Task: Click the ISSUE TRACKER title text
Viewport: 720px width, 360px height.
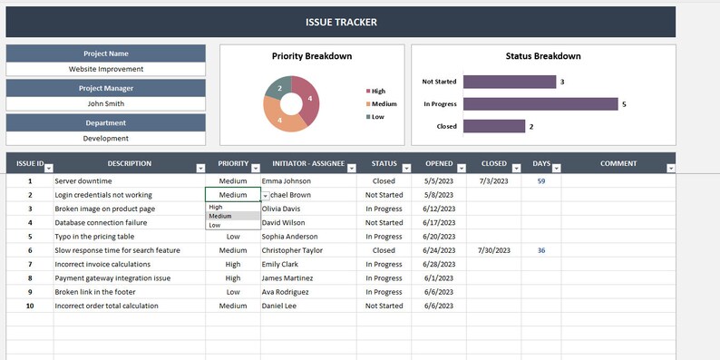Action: click(340, 22)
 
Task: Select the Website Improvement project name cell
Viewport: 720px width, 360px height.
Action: click(106, 68)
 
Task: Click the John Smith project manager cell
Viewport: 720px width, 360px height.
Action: click(106, 103)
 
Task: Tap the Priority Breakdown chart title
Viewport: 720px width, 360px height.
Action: click(312, 56)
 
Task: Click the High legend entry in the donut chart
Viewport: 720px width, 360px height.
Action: click(376, 91)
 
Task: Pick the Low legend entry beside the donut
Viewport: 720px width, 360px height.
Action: click(375, 116)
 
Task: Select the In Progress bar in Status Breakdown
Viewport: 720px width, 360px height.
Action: click(540, 104)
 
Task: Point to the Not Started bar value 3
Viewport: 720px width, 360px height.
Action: click(562, 82)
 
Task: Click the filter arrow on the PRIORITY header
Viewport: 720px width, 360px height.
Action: click(253, 168)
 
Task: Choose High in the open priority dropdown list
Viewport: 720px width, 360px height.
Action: click(216, 207)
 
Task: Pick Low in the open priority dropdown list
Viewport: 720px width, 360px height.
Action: click(215, 225)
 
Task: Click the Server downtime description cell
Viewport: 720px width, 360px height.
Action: click(83, 181)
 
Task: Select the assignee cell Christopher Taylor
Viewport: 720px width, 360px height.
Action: click(292, 250)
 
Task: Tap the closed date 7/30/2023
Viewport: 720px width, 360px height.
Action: click(494, 250)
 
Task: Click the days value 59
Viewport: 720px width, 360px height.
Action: click(541, 181)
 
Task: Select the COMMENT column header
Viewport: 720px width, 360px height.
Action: click(618, 164)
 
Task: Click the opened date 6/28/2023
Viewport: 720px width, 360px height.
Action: click(438, 264)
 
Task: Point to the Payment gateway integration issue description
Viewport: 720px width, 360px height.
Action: click(112, 278)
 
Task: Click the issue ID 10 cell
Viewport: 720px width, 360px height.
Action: click(29, 306)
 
